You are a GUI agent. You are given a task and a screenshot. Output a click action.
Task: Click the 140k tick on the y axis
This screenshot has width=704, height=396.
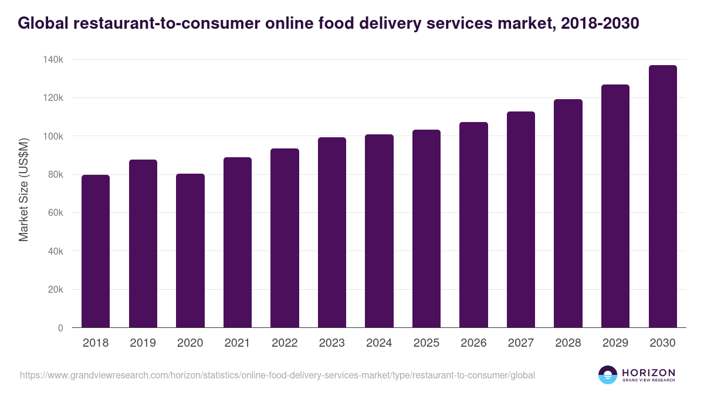tap(53, 59)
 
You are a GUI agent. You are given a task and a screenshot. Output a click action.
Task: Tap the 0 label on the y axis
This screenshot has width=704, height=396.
tap(60, 328)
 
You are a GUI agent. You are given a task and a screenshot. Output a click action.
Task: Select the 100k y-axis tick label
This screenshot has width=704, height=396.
tap(53, 136)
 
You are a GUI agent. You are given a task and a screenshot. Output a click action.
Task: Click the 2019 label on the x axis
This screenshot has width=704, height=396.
tap(143, 343)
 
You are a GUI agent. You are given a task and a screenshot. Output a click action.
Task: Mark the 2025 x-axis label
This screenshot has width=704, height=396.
tap(427, 343)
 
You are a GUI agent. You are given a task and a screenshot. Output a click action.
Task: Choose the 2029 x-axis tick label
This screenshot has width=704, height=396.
tap(615, 343)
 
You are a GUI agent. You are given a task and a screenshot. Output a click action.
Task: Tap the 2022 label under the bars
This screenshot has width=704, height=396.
tap(285, 343)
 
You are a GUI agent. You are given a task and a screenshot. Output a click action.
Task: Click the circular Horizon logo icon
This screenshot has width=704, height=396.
tap(608, 375)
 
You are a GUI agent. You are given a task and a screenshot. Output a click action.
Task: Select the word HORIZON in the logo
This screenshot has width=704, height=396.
tap(648, 372)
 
